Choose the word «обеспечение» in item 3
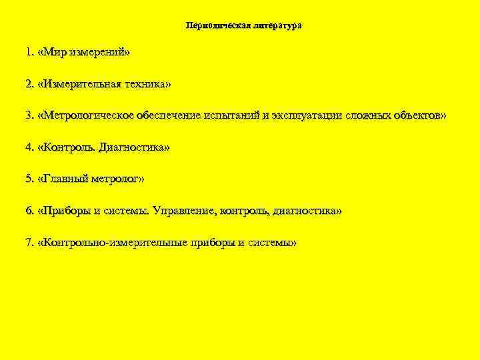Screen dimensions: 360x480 click(x=164, y=116)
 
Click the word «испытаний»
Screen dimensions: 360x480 click(x=227, y=116)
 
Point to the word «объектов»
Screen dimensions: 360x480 click(x=415, y=116)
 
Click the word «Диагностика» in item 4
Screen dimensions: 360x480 click(x=131, y=147)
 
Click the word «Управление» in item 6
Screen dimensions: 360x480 click(x=184, y=211)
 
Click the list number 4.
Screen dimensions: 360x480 click(x=29, y=147)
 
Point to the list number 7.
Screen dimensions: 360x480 click(x=29, y=243)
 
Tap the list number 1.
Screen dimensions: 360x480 click(x=29, y=51)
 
